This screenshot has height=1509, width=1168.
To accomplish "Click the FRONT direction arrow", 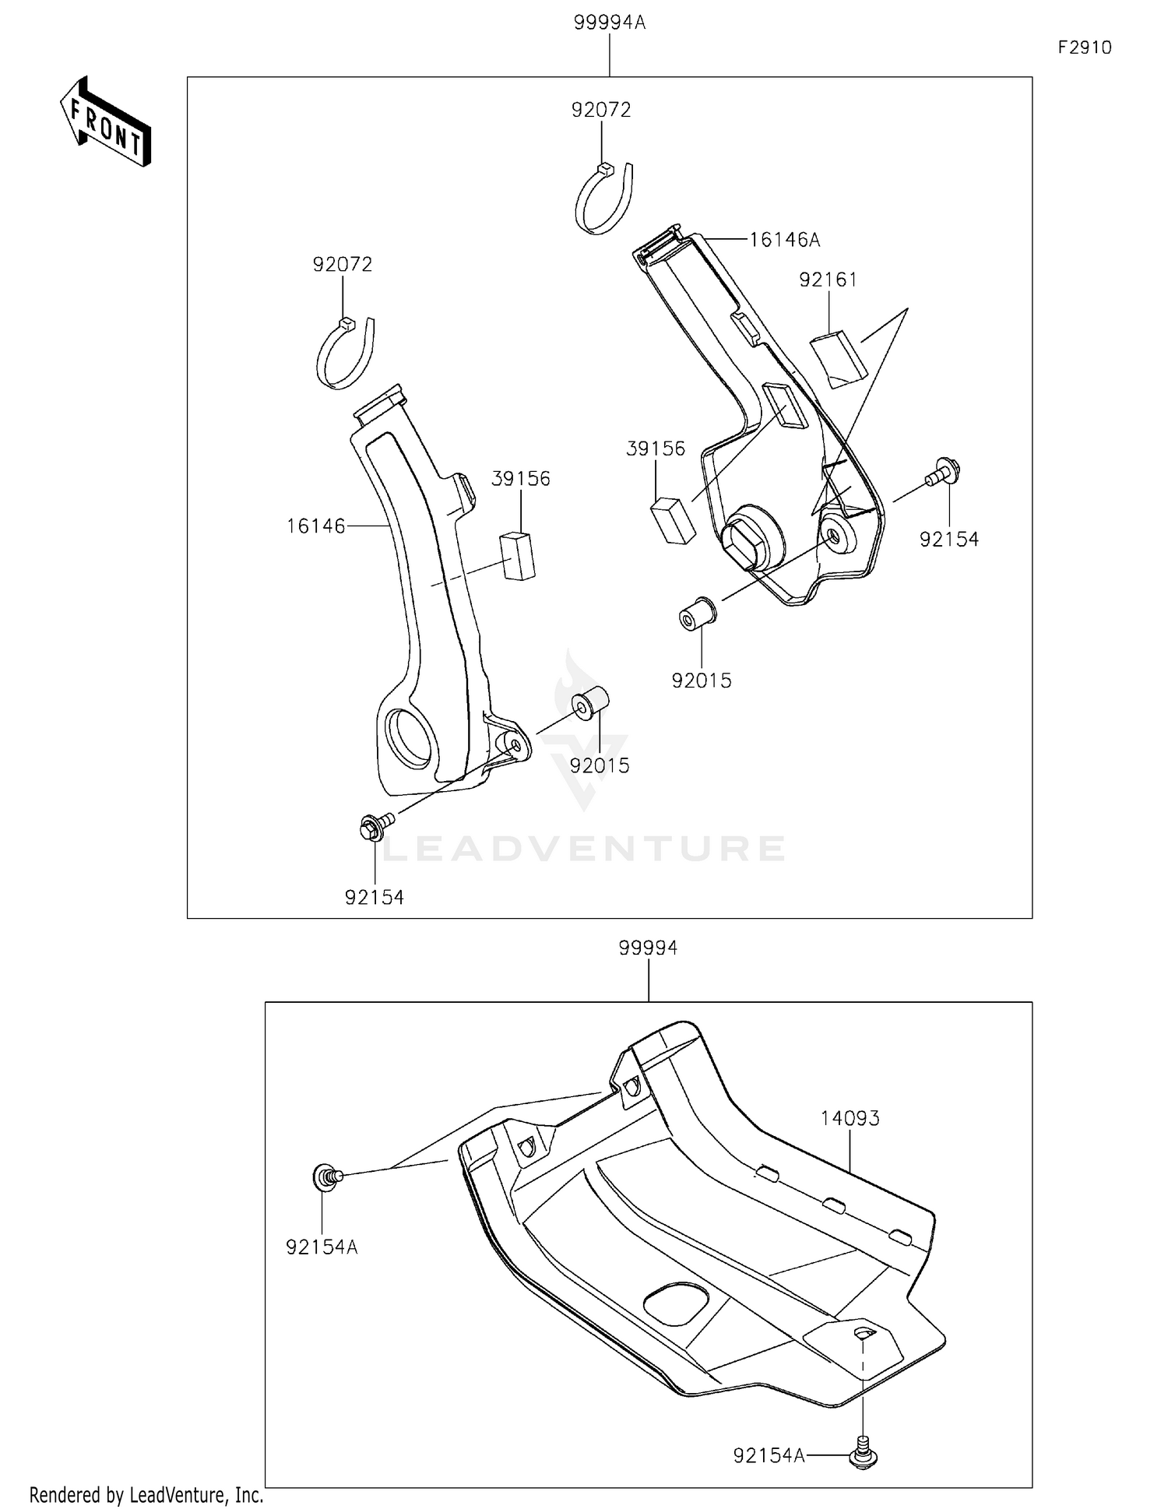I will point(106,122).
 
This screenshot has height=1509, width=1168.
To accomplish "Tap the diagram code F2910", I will point(1084,48).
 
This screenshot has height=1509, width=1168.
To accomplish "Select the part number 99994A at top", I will point(609,23).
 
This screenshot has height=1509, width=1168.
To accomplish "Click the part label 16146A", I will point(784,241).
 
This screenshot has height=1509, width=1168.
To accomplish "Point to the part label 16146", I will point(315,527).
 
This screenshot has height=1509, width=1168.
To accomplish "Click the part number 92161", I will point(828,280).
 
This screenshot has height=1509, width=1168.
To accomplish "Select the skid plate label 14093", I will point(850,1119).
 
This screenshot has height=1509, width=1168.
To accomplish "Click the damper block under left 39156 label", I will point(518,555).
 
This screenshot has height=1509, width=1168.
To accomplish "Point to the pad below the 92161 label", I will point(839,358).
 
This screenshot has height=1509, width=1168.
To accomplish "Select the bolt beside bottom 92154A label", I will point(863,1452).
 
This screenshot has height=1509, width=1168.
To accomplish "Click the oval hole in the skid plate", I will point(677,1305).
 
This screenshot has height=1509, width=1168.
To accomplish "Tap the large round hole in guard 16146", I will point(410,737).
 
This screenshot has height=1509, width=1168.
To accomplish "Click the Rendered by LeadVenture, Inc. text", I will point(146,1495).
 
